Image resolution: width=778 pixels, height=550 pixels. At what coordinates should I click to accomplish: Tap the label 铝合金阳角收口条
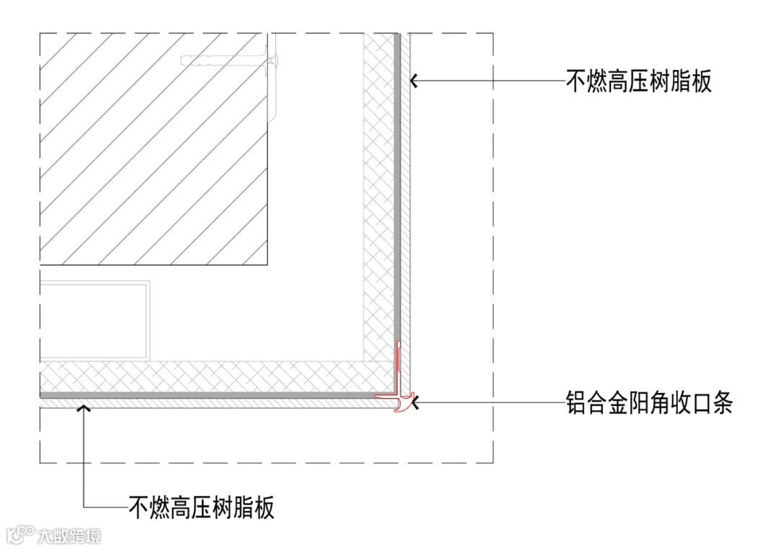(649, 403)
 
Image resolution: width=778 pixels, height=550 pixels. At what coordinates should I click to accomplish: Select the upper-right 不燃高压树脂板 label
(639, 81)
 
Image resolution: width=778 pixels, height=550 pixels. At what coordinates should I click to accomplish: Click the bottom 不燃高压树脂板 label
(202, 507)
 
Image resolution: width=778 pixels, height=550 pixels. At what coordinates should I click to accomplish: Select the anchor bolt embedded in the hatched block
(231, 62)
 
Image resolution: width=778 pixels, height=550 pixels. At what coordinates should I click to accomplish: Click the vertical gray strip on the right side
(396, 180)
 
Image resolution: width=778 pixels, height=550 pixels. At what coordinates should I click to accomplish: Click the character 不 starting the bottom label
(139, 507)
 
